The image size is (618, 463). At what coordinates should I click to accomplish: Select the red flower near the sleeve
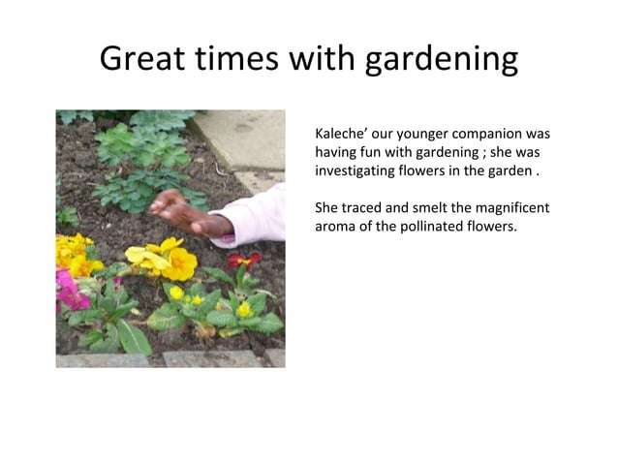point(243,261)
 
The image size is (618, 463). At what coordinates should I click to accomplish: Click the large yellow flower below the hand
point(177,262)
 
